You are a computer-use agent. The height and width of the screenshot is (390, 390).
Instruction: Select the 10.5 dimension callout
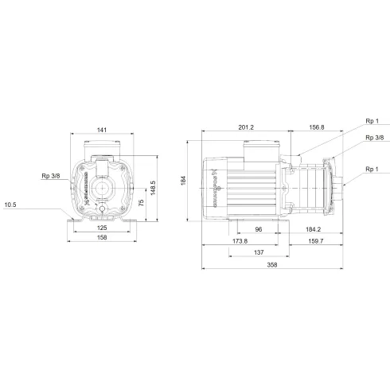[x=10, y=205]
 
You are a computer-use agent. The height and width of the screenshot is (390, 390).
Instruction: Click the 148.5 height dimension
[x=154, y=189]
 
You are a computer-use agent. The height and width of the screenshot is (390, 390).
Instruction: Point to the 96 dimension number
[x=258, y=228]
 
